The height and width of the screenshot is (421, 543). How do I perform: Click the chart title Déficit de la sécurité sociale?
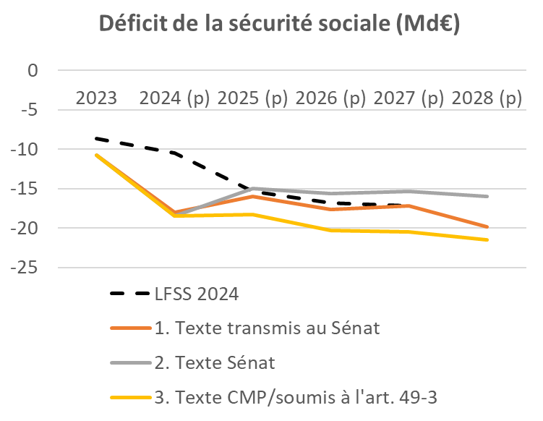(279, 25)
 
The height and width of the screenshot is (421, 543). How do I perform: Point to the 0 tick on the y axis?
(31, 71)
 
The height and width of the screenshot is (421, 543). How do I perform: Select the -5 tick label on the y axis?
(27, 110)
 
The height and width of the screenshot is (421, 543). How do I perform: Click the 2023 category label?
(96, 98)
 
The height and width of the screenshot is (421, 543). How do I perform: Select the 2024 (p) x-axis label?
(174, 98)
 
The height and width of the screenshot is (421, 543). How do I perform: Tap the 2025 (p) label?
(252, 98)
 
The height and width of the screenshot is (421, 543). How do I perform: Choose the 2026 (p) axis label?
(330, 98)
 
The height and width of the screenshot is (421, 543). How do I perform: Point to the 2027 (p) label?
(409, 98)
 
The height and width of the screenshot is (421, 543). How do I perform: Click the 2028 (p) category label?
(487, 98)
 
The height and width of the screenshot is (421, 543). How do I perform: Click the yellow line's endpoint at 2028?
(487, 239)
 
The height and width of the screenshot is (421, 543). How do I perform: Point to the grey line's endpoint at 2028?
(487, 196)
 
